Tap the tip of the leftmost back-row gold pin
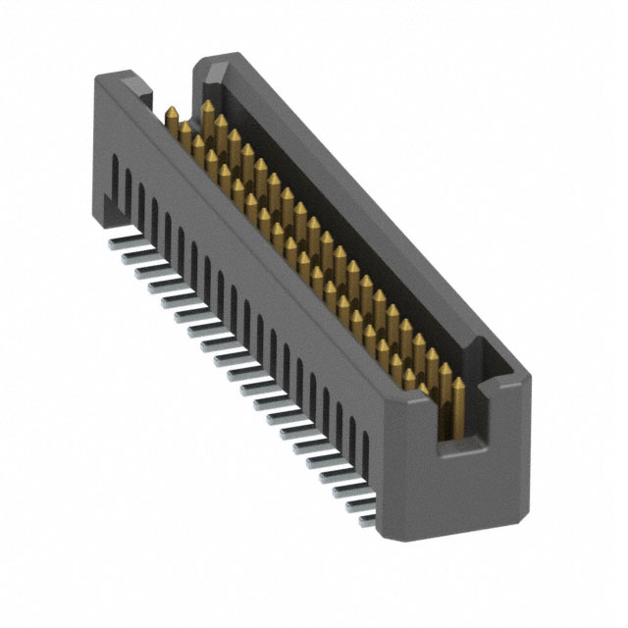pyautogui.click(x=208, y=103)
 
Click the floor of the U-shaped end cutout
pyautogui.click(x=464, y=447)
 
